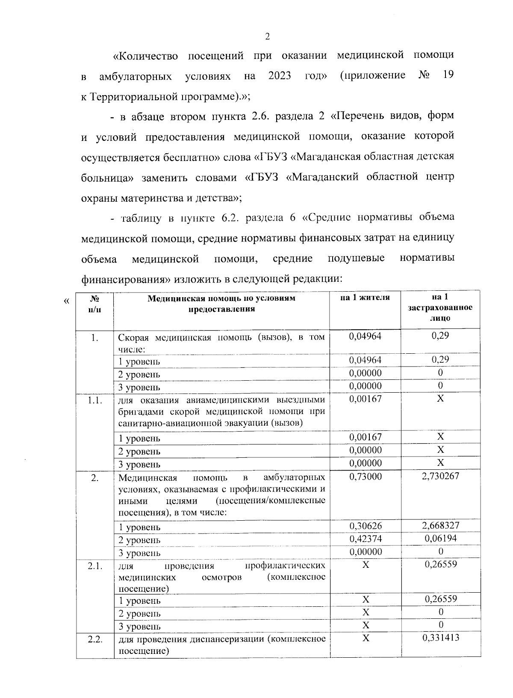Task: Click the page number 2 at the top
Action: pyautogui.click(x=267, y=37)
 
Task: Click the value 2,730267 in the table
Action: pyautogui.click(x=440, y=476)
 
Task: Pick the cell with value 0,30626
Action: pyautogui.click(x=366, y=525)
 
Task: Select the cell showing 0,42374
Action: pyautogui.click(x=366, y=538)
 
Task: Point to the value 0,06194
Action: pyautogui.click(x=440, y=538)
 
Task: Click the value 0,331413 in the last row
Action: pyautogui.click(x=440, y=638)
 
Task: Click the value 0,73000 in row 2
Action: pyautogui.click(x=366, y=476)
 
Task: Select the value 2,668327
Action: pyautogui.click(x=440, y=525)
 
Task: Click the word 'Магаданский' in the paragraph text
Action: pyautogui.click(x=324, y=177)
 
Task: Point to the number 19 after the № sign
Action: pyautogui.click(x=448, y=75)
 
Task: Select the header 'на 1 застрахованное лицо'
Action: pyautogui.click(x=440, y=308)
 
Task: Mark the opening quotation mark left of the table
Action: pyautogui.click(x=66, y=301)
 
